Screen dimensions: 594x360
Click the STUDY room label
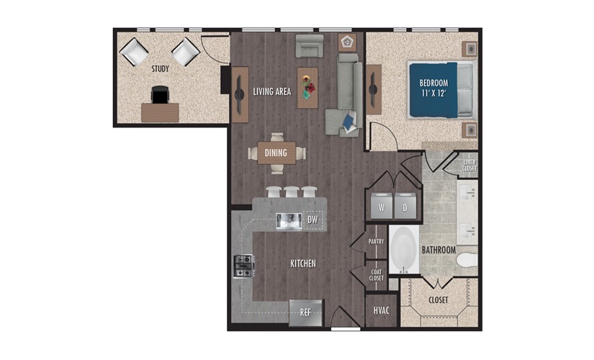[x=161, y=69]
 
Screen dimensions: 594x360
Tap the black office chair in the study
[x=160, y=94]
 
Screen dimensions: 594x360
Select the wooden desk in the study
[x=160, y=112]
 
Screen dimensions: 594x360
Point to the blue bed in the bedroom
[x=441, y=90]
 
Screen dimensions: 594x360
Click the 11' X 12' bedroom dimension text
[x=433, y=93]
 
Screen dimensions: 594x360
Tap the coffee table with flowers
[x=307, y=88]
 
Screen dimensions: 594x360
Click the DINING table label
[x=276, y=153]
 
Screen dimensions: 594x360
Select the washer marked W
[x=382, y=206]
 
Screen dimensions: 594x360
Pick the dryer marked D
[x=405, y=206]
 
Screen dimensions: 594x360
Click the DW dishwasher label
[x=312, y=220]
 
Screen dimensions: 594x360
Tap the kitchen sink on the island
[x=289, y=221]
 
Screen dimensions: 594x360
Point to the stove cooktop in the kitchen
[x=243, y=266]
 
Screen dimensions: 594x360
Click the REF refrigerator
[x=306, y=312]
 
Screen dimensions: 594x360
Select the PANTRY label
[x=376, y=241]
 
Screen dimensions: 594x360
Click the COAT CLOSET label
[x=377, y=275]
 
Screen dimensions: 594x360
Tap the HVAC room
[x=381, y=310]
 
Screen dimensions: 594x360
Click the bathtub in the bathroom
[x=404, y=249]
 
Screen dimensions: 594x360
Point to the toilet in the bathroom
[x=467, y=260]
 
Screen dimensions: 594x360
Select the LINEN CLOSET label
[x=469, y=165]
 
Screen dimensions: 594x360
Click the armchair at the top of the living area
[x=310, y=46]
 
